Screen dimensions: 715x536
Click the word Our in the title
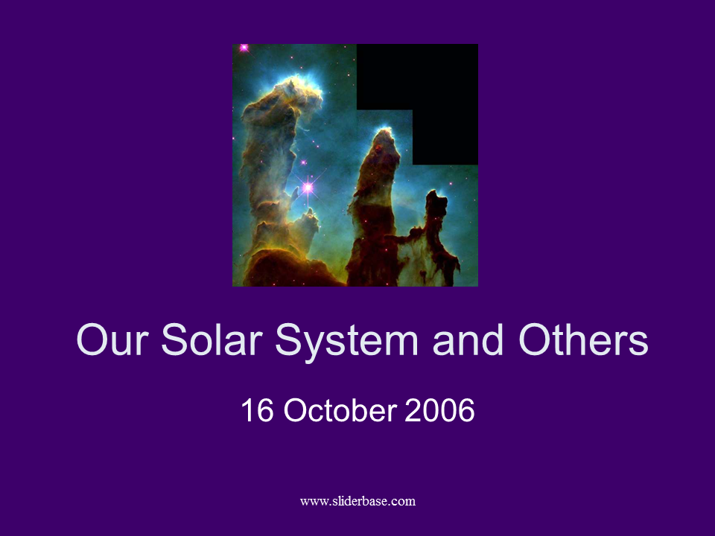pos(112,339)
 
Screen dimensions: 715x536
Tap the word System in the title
pos(346,342)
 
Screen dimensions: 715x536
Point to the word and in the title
pos(468,339)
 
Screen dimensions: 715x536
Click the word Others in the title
pos(583,339)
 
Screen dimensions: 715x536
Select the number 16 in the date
pos(257,410)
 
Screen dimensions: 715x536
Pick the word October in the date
pos(340,410)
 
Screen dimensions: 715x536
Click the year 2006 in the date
pos(439,410)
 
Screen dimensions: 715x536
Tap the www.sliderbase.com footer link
pos(357,501)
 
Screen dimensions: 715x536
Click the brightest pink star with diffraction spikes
pos(308,188)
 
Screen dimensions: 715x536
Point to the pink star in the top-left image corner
pos(244,48)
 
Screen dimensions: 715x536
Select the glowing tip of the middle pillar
pos(384,135)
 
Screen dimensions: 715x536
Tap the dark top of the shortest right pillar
pos(436,200)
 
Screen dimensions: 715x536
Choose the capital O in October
pos(299,410)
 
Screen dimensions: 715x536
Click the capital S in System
pos(290,339)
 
